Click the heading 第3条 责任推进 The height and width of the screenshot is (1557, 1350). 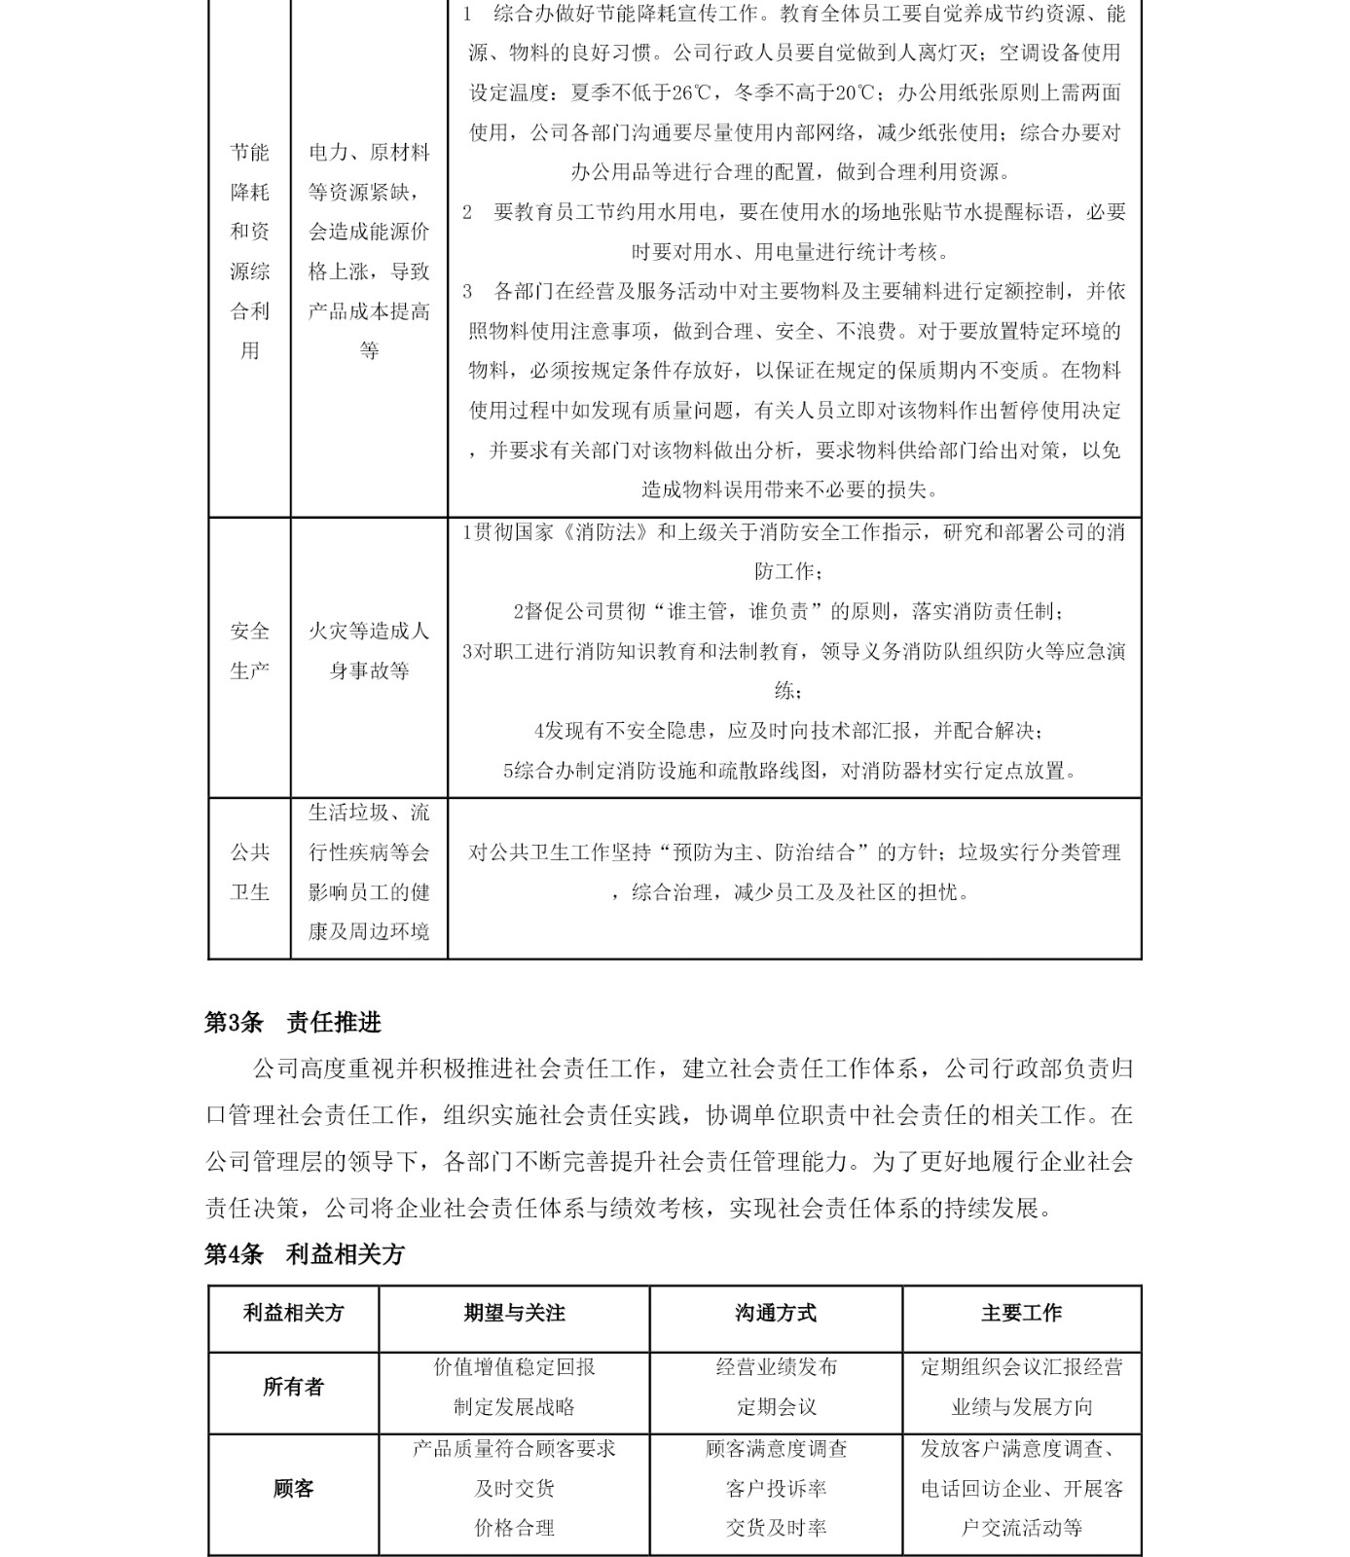coord(292,1023)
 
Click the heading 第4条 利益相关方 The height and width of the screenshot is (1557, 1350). coord(304,1254)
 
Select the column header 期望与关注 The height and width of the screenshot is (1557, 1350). coord(514,1314)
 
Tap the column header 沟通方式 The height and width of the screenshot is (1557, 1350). coord(776,1314)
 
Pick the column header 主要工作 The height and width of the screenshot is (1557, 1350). coord(1021,1314)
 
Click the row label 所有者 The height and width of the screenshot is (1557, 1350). coord(293,1387)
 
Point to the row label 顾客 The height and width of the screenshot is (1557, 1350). coord(293,1489)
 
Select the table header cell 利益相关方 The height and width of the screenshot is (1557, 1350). coord(293,1314)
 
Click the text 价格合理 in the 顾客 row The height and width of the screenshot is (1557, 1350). coord(514,1529)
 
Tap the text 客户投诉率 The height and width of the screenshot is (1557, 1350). coord(776,1489)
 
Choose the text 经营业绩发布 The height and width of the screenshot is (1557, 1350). coord(776,1367)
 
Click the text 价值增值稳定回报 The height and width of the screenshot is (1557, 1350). coord(514,1367)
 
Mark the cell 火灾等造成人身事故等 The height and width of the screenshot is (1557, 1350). coord(369,651)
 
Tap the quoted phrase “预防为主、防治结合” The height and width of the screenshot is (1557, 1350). coord(762,853)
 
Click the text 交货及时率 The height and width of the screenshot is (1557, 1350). coord(776,1529)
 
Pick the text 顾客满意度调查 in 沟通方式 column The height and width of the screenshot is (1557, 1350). coord(776,1449)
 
